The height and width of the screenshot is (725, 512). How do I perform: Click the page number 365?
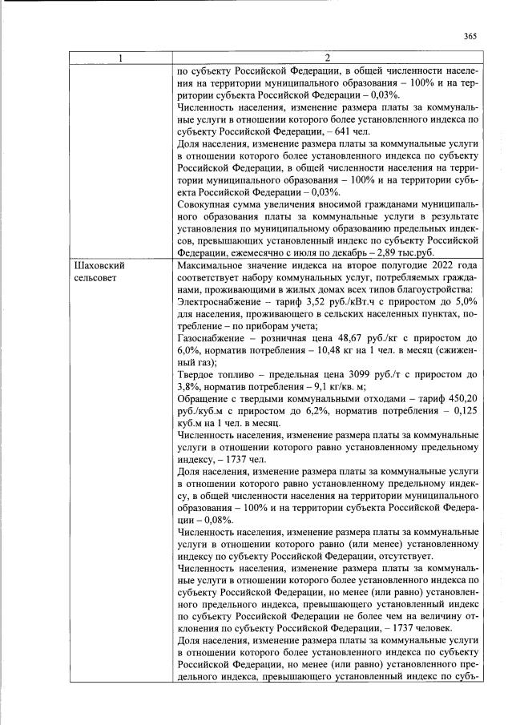click(471, 35)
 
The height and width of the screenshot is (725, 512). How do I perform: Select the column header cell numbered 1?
click(121, 57)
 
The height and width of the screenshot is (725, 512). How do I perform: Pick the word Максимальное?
click(212, 265)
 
